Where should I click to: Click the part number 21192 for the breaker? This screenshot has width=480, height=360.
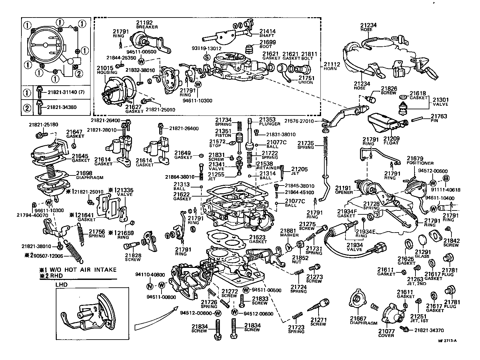coord(144,23)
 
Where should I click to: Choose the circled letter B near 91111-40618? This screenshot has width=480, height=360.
coord(446,178)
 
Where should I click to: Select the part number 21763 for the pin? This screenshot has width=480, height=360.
coord(438,116)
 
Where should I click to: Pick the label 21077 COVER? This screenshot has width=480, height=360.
coord(386,333)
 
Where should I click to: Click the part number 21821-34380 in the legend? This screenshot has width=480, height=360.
coord(62,107)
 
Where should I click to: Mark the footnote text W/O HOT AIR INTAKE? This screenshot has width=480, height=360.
coord(81,270)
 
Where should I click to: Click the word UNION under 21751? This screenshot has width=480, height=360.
coord(306,82)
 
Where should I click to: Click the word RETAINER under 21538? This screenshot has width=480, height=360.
coord(268,168)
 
